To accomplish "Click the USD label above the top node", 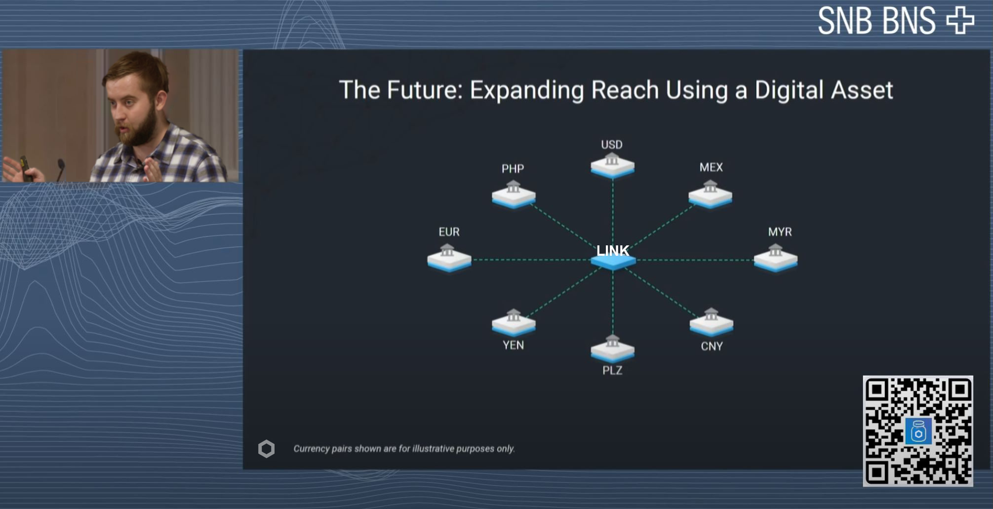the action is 611,145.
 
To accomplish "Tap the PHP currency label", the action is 513,169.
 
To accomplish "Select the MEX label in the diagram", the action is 711,167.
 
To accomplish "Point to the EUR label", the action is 449,232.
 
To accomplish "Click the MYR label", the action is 780,232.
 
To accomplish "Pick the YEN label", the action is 513,345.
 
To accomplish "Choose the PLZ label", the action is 612,370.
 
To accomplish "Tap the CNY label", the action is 712,347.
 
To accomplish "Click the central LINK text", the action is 612,251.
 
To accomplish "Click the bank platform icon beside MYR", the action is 776,258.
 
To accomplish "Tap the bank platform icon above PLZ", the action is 612,348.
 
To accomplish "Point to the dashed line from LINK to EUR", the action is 531,260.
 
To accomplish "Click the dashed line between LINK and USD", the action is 613,211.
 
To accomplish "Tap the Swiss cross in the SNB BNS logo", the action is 960,20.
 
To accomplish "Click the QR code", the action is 918,431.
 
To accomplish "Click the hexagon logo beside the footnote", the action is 266,449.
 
